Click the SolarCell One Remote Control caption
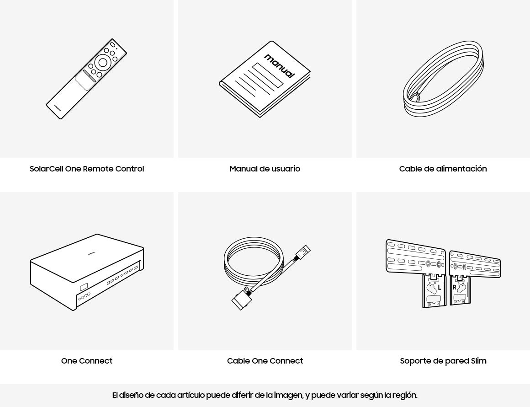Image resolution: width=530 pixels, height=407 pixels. tap(87, 169)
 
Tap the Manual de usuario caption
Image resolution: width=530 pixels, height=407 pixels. tap(265, 169)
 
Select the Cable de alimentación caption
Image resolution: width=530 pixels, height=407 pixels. tap(443, 169)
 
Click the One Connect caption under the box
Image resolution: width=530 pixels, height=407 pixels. tap(87, 361)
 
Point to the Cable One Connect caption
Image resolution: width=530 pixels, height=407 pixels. tap(265, 361)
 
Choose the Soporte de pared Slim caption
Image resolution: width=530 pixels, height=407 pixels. tap(443, 361)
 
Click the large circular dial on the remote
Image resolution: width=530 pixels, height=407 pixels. tap(103, 62)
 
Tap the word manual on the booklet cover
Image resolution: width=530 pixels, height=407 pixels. tap(280, 66)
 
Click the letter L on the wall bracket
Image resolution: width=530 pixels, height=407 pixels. tap(440, 288)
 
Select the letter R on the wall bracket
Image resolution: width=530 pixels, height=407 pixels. tap(455, 287)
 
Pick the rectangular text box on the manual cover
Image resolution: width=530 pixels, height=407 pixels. tap(268, 75)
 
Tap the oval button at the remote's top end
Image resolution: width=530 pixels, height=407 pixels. tap(112, 44)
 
